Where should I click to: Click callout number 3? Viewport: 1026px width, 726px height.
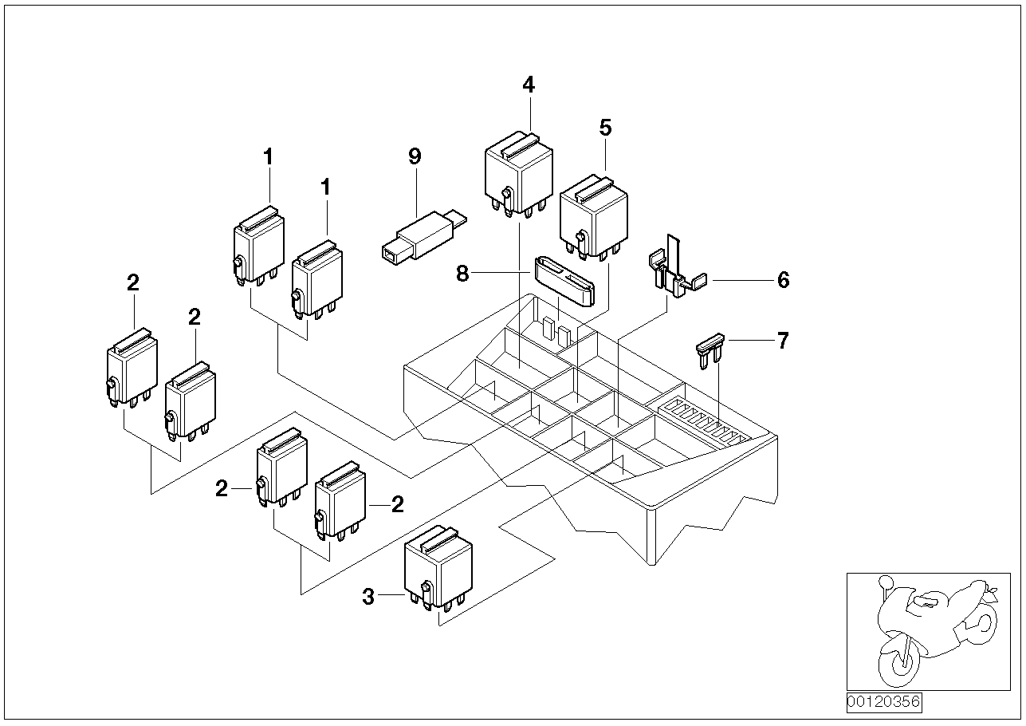click(368, 597)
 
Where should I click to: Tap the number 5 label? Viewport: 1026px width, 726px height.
click(605, 127)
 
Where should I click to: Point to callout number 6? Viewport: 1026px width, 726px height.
click(783, 280)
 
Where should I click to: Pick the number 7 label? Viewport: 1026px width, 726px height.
click(783, 341)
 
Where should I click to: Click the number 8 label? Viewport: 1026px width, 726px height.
click(463, 274)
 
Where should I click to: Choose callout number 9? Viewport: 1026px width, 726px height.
click(414, 156)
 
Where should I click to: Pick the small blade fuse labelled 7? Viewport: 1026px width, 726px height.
click(709, 352)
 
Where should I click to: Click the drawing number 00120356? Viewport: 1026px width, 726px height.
click(883, 702)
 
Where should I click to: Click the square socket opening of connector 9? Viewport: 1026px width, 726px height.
click(390, 254)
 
